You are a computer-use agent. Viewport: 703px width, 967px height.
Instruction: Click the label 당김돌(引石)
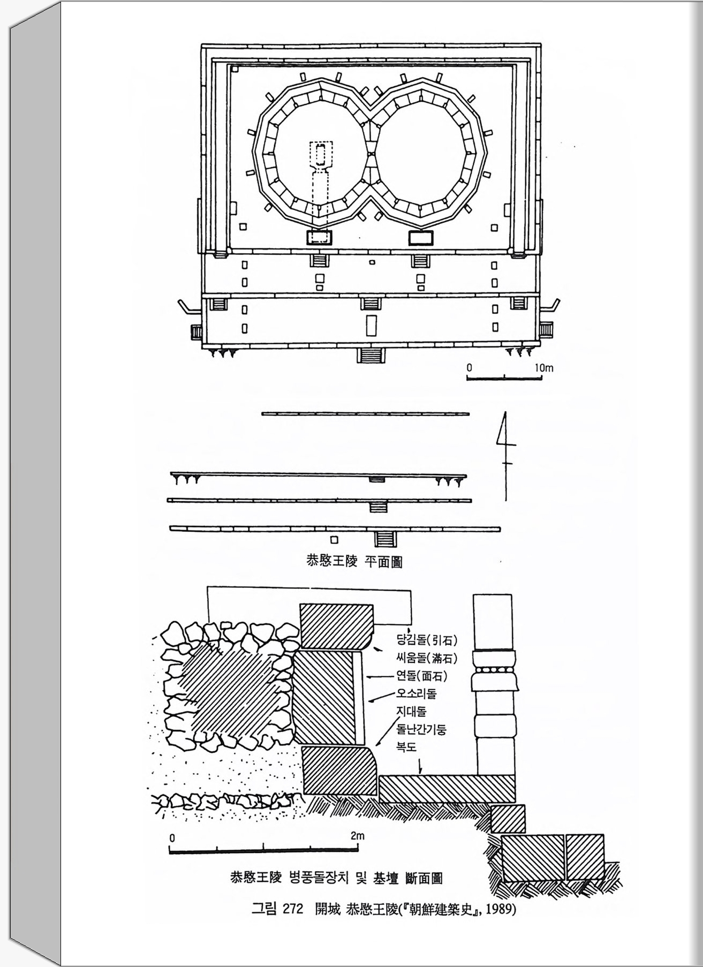[x=427, y=640]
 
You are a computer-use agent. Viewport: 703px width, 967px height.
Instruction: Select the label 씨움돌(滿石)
[x=427, y=658]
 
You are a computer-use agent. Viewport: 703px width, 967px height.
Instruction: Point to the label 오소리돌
[x=416, y=694]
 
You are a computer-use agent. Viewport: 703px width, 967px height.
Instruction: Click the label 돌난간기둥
[x=421, y=729]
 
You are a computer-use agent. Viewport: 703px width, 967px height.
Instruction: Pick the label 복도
[x=406, y=746]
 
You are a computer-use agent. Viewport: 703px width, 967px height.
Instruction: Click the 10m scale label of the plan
[x=543, y=368]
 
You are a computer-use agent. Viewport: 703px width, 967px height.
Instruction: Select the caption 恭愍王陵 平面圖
[x=354, y=562]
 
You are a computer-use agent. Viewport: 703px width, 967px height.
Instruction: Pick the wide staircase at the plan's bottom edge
[x=371, y=355]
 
